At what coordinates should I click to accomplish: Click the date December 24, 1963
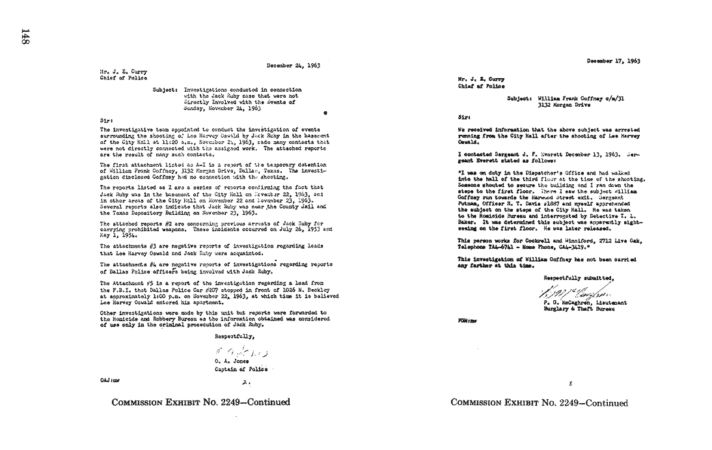293,65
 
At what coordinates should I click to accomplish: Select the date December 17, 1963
613,61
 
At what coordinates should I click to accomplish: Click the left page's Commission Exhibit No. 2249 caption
200,402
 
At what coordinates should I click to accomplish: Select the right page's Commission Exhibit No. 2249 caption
540,402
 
